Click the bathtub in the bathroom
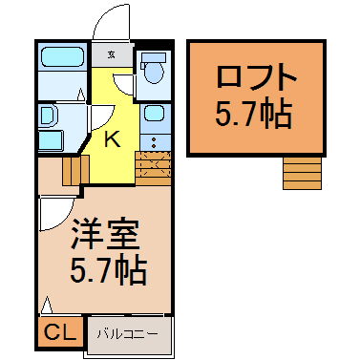pyautogui.click(x=62, y=57)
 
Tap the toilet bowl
pyautogui.click(x=155, y=72)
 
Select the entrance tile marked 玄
pyautogui.click(x=111, y=54)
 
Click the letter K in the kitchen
pyautogui.click(x=113, y=139)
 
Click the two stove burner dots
pyautogui.click(x=154, y=142)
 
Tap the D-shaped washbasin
pyautogui.click(x=47, y=116)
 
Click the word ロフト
pyautogui.click(x=256, y=76)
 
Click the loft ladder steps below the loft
pyautogui.click(x=302, y=173)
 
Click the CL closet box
pyautogui.click(x=60, y=332)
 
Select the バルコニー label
pyautogui.click(x=128, y=334)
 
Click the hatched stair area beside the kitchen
pyautogui.click(x=154, y=168)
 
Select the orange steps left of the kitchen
pyautogui.click(x=75, y=170)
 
